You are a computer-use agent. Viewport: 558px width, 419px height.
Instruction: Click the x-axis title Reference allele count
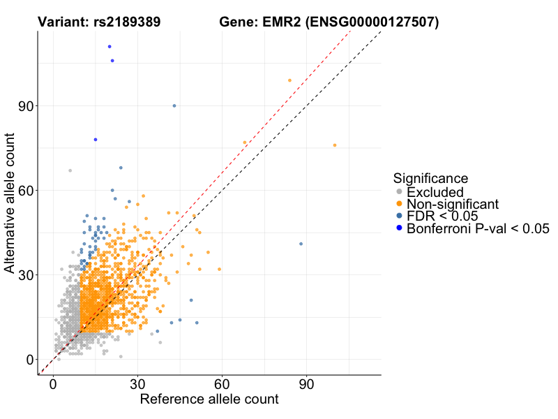(x=209, y=399)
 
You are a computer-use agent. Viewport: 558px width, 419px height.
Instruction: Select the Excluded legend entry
(x=435, y=191)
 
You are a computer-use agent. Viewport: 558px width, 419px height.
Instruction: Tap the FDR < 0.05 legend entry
(x=444, y=216)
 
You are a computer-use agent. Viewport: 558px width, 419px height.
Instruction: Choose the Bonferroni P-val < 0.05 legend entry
(x=478, y=228)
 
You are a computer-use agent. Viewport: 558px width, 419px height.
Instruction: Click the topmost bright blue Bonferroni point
(x=110, y=47)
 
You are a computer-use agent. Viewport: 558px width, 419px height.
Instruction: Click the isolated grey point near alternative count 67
(x=70, y=170)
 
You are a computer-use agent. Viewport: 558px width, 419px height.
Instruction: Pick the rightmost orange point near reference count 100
(x=335, y=145)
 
